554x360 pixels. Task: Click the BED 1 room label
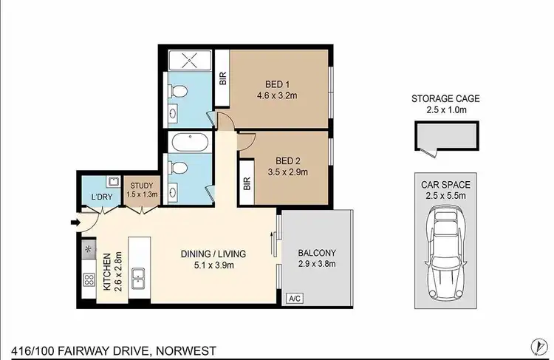[273, 82]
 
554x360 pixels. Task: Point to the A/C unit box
[294, 298]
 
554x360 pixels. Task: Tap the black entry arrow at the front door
[75, 221]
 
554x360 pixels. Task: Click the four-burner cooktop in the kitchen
[89, 280]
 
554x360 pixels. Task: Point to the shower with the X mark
[188, 60]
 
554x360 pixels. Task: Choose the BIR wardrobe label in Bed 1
[223, 78]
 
